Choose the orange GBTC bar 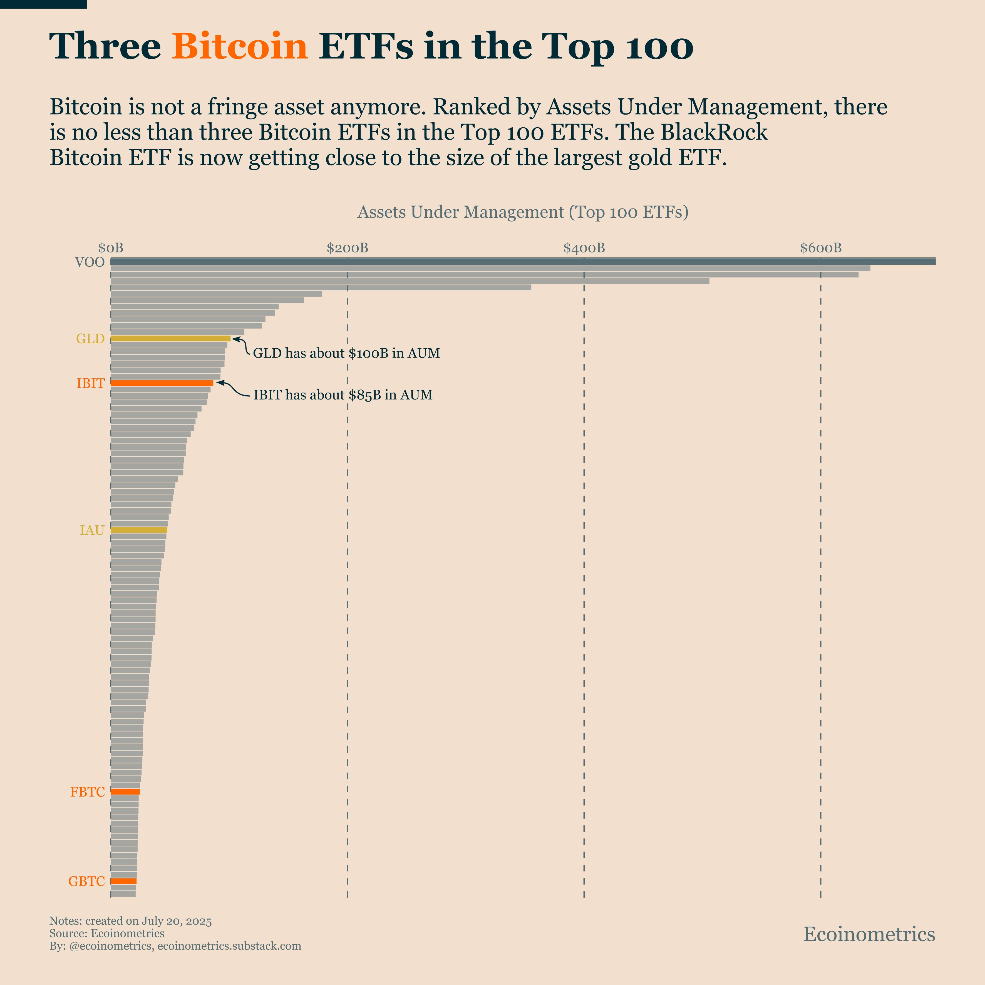123,881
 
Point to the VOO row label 90,262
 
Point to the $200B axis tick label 347,248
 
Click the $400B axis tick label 584,248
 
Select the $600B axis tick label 820,248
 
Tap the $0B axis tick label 111,248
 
